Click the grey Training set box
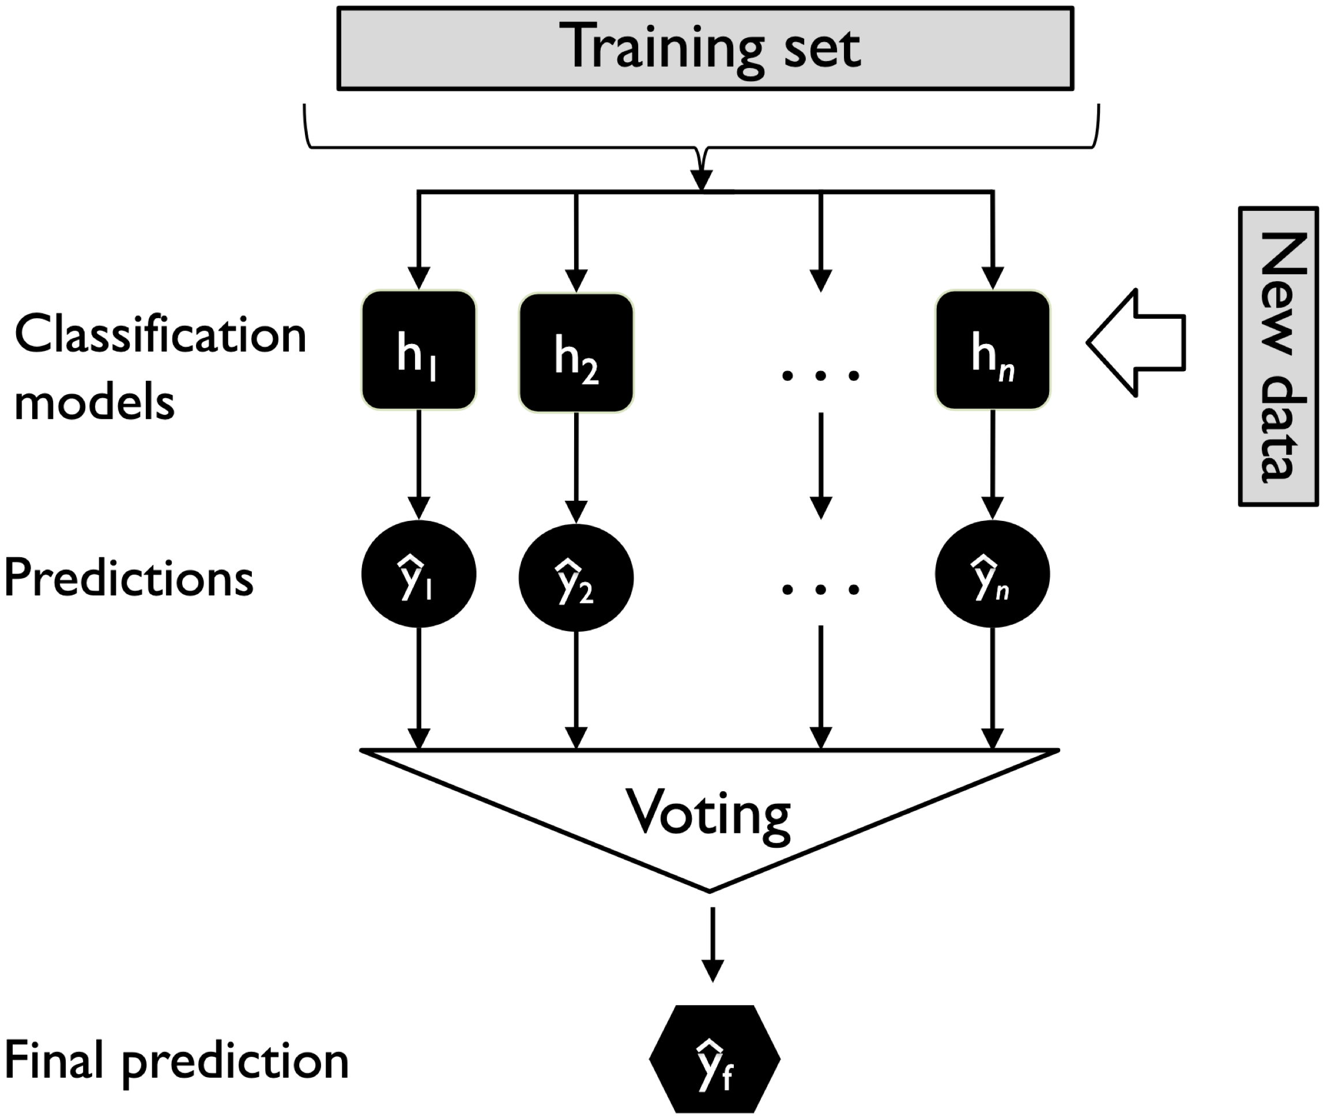704,49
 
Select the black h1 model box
419,350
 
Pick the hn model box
992,350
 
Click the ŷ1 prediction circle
419,574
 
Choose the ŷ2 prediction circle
576,577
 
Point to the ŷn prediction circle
992,574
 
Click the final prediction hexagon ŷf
715,1058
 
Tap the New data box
1277,356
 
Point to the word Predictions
129,577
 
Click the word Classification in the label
160,335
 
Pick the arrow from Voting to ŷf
712,944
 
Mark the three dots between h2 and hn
820,376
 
